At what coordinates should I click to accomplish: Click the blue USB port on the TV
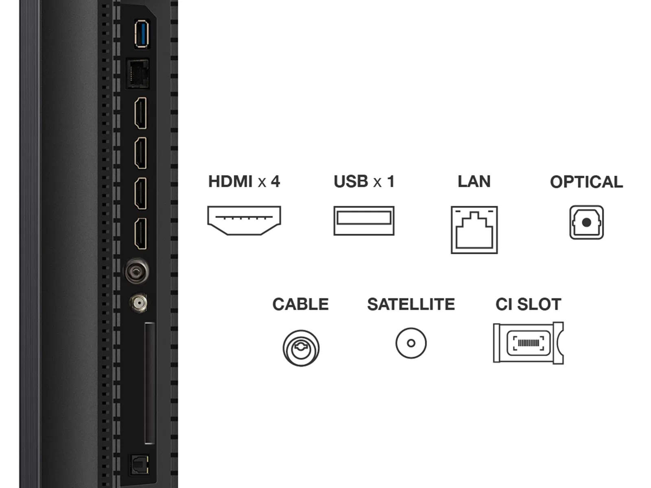pos(141,34)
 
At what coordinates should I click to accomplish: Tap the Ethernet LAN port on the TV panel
pos(138,74)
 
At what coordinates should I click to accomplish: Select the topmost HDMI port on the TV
pos(141,113)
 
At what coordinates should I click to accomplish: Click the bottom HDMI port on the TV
pos(141,233)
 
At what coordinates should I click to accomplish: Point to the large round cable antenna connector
pos(136,271)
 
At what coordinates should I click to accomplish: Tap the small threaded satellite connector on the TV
pos(138,303)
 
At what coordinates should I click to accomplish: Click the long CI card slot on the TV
pos(150,383)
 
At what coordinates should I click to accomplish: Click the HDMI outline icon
pos(244,220)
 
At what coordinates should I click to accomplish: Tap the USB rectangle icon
pos(364,220)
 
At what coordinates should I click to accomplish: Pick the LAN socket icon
pos(474,230)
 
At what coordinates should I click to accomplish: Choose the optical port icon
pos(586,222)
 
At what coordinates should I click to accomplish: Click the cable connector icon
pos(301,348)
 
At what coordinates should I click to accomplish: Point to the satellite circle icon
pos(411,343)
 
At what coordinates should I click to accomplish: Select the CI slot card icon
pos(528,343)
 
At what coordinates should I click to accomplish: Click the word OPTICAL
pos(586,182)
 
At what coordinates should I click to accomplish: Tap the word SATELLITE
pos(411,305)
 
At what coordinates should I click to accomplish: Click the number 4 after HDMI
pos(275,182)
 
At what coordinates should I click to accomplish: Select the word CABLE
pos(300,305)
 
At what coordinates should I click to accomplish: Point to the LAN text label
pos(474,182)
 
